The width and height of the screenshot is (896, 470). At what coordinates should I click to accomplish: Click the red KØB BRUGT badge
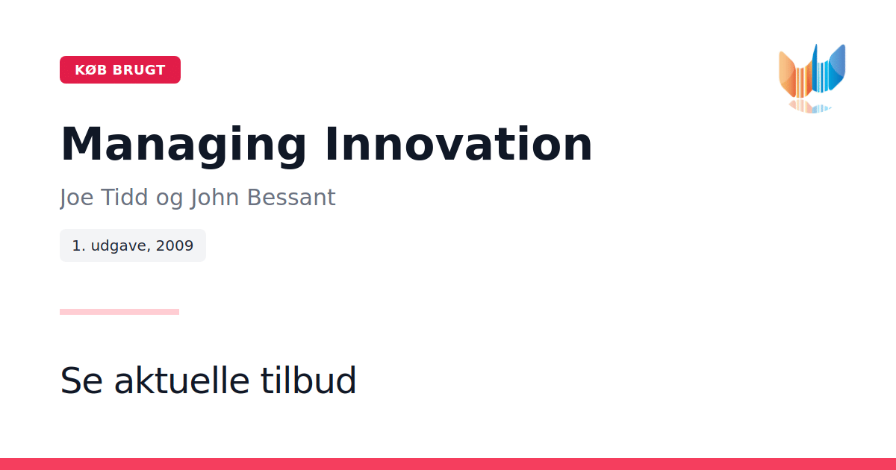click(120, 69)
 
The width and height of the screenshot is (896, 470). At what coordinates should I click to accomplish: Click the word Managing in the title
click(183, 145)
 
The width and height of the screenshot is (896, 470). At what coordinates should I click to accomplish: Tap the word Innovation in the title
click(458, 144)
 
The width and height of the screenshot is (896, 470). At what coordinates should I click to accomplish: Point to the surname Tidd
click(125, 197)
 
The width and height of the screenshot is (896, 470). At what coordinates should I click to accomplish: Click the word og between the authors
click(169, 199)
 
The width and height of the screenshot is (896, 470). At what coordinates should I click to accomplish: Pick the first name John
click(214, 198)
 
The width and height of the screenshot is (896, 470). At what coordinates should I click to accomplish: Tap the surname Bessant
click(291, 197)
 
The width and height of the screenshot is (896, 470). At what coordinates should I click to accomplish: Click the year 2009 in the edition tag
click(175, 245)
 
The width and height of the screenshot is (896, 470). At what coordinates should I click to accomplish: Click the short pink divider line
click(119, 312)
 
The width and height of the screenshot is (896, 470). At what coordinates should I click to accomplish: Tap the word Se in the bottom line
click(81, 380)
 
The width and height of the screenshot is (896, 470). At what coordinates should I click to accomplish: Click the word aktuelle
click(182, 380)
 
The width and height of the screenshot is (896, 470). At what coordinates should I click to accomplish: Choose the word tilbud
click(308, 380)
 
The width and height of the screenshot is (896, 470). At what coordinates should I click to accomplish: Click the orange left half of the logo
click(796, 77)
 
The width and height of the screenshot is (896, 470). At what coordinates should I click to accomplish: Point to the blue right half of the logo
click(830, 69)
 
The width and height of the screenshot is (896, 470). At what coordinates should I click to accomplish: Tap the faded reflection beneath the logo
click(810, 107)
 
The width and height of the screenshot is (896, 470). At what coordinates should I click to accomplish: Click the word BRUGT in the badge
click(139, 70)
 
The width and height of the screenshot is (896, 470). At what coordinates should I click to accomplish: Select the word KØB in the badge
click(91, 70)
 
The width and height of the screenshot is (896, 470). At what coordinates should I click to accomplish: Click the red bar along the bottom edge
click(448, 464)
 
